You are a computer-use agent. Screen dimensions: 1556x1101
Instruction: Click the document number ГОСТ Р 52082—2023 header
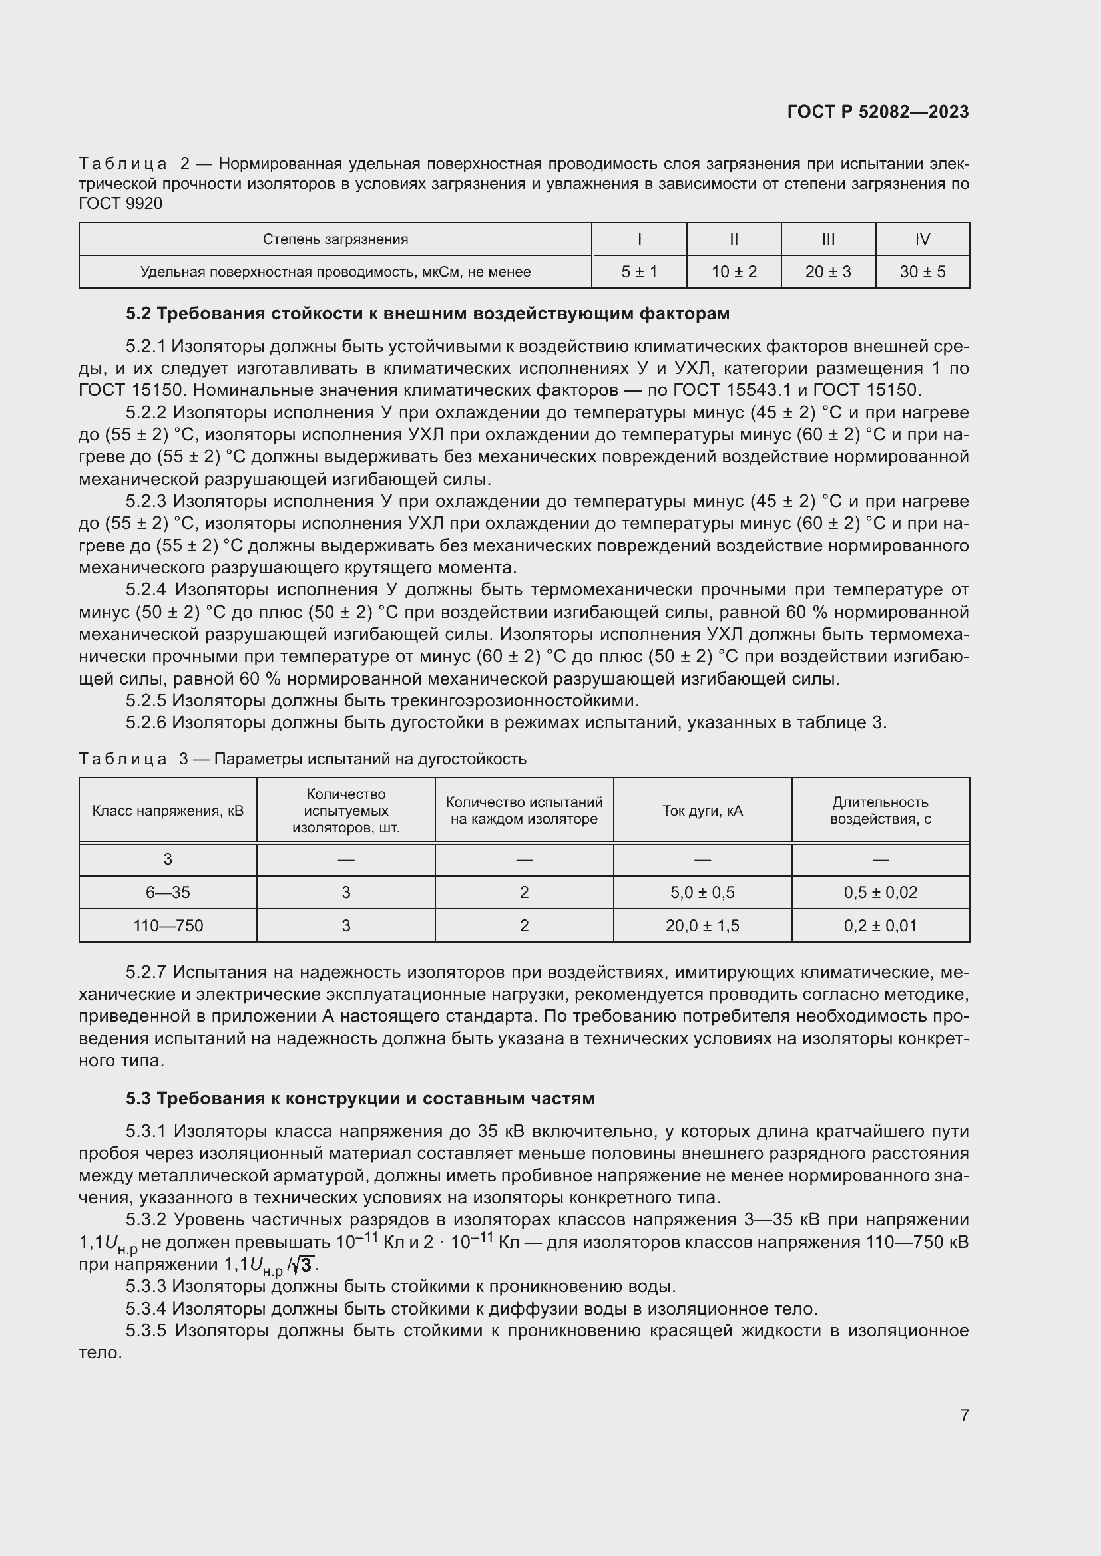coord(877,112)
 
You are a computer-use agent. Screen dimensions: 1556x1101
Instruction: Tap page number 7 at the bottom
coord(964,1415)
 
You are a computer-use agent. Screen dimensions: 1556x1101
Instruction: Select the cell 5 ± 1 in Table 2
coord(638,272)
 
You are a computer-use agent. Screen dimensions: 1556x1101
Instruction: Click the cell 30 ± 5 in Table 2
coord(922,272)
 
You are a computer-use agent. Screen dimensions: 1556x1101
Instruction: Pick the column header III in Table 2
coord(828,239)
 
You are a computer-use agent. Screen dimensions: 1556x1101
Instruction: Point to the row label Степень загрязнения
coord(335,239)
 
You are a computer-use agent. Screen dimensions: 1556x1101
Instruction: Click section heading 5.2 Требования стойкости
coord(427,314)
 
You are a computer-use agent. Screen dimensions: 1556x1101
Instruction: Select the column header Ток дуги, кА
coord(702,810)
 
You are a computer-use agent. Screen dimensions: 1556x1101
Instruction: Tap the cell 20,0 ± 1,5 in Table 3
coord(702,926)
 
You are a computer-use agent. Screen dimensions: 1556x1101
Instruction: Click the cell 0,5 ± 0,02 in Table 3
coord(880,893)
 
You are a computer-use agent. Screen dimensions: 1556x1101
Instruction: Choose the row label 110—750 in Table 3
coord(168,926)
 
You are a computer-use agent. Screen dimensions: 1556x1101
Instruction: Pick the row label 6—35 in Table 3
coord(168,893)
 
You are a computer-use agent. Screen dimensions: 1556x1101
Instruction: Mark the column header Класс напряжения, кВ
coord(168,810)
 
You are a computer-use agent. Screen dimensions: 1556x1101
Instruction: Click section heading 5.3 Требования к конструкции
coord(359,1098)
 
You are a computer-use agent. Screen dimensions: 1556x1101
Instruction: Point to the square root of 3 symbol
coord(304,1265)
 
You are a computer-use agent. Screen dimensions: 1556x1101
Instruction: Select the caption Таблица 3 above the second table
coord(122,759)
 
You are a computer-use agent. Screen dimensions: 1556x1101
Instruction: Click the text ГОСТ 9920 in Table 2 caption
coord(120,204)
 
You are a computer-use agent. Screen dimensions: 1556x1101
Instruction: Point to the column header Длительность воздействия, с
coord(880,810)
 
